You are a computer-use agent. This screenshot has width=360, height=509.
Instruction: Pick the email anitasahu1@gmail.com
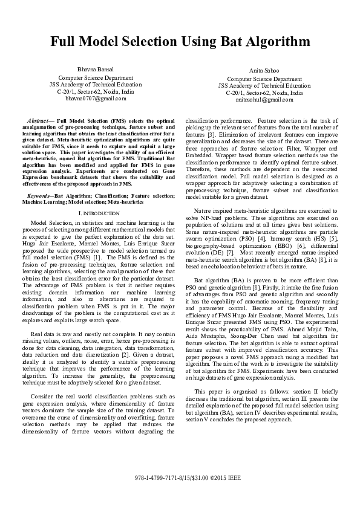[264, 100]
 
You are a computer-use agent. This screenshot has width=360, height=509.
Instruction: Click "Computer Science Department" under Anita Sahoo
[264, 79]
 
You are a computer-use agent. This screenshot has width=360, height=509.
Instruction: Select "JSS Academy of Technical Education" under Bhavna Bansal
[95, 84]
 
